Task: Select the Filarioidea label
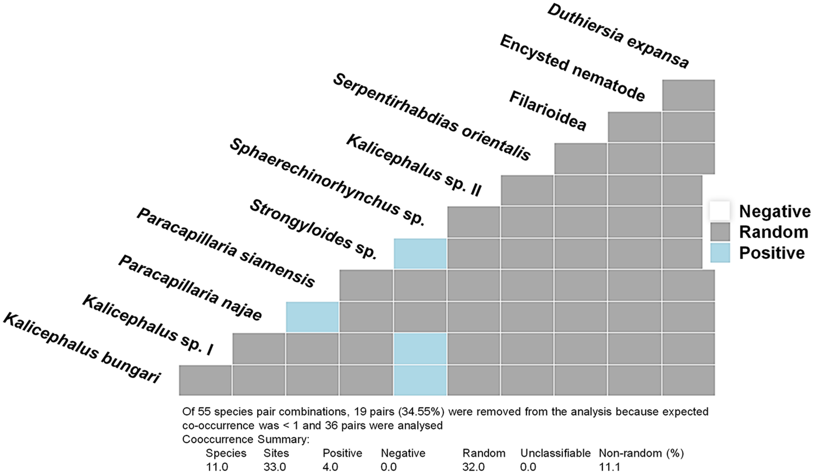548,111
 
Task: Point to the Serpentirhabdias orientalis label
432,118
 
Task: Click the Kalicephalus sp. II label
414,165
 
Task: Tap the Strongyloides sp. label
313,229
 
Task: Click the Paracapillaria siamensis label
226,247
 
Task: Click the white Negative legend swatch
720,211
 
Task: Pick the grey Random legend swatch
720,232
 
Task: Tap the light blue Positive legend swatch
720,253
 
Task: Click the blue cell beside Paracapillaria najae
312,317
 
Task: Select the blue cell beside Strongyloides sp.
420,254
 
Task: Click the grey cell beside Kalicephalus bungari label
205,380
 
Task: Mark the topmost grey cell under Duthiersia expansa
689,95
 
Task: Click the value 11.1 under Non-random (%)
609,467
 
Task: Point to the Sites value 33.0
275,467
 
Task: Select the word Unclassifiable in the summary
556,453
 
